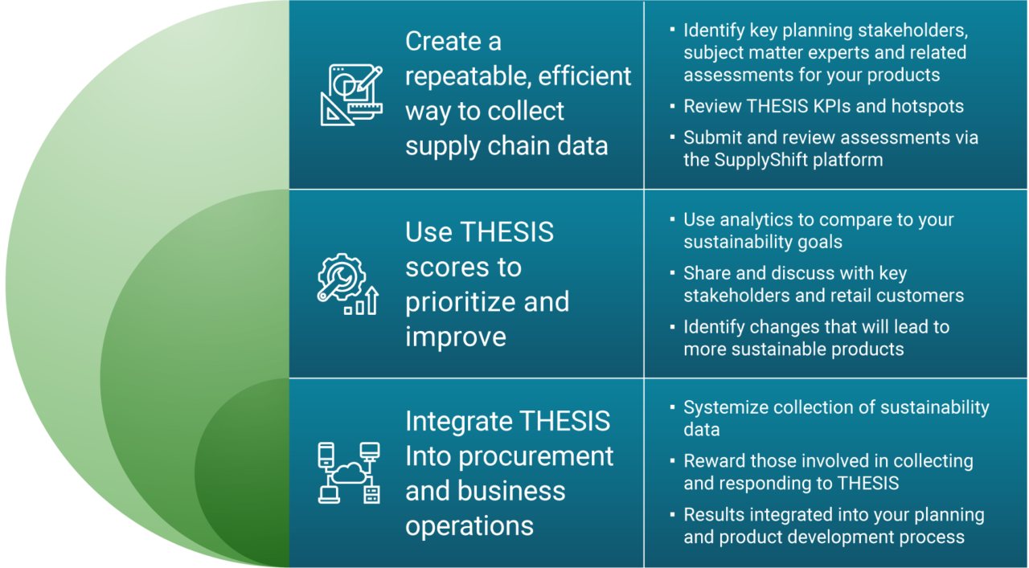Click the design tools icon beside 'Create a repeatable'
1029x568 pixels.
351,95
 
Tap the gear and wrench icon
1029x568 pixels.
348,284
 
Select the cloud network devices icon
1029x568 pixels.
349,473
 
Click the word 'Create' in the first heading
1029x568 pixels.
443,41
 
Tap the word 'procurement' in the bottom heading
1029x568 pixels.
535,457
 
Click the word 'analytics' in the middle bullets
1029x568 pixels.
757,220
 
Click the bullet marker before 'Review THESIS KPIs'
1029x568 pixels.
673,106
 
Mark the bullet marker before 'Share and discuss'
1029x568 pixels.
673,273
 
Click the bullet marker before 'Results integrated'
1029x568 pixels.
673,515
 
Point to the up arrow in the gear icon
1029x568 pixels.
372,300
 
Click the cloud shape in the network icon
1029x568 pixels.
349,473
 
